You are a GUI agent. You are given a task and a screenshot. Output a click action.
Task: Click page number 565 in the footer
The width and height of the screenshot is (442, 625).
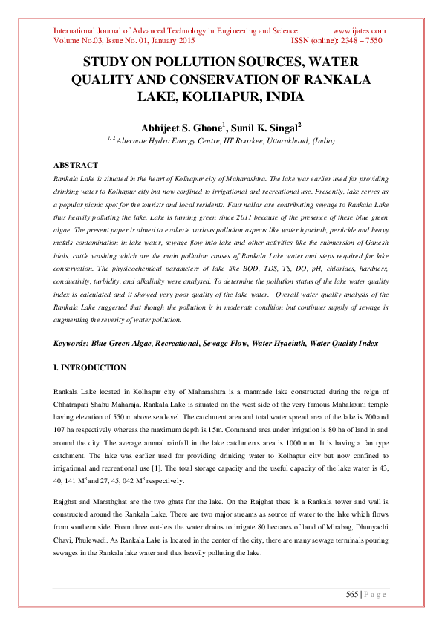pyautogui.click(x=353, y=593)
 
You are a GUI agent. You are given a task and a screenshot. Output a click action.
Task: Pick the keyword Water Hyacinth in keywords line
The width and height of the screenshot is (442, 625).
pyautogui.click(x=276, y=344)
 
